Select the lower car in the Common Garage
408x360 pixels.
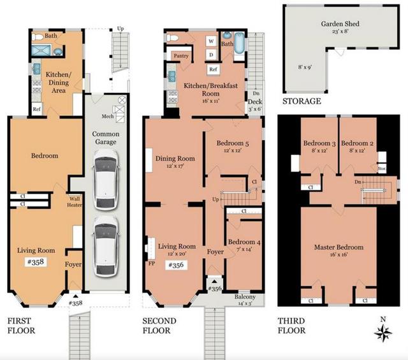(x=103, y=242)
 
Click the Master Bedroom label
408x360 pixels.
(x=339, y=247)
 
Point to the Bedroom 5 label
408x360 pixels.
(x=232, y=143)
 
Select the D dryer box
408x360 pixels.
(x=210, y=54)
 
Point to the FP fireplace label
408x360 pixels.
(x=150, y=262)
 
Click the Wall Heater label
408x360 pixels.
(x=75, y=201)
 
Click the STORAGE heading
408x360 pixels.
(x=302, y=101)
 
